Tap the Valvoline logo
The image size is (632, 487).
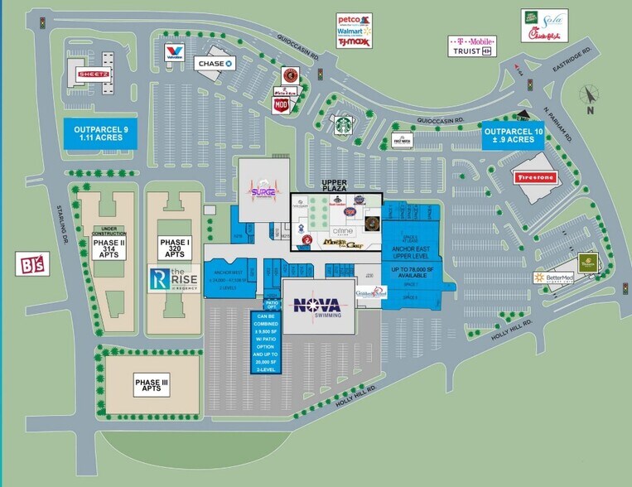click(x=174, y=53)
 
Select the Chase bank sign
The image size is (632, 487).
click(x=215, y=63)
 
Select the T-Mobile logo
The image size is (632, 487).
click(x=472, y=40)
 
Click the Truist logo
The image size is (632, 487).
click(x=472, y=51)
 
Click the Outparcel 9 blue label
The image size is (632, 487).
click(x=98, y=133)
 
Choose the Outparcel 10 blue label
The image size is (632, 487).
click(x=514, y=136)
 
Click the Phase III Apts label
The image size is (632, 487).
click(x=151, y=383)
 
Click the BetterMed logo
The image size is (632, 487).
click(x=553, y=277)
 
